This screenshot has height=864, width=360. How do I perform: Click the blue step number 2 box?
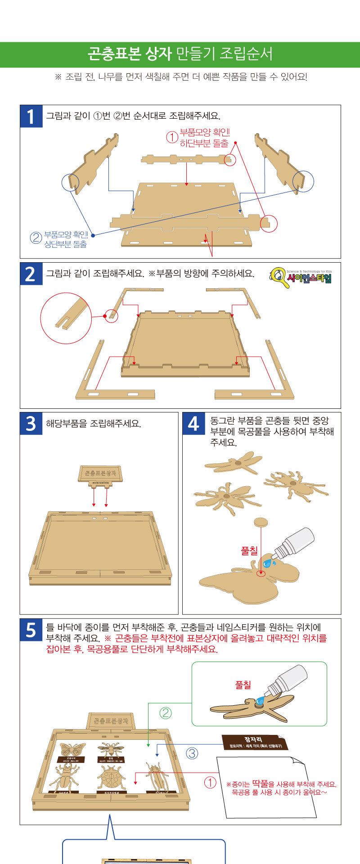pyautogui.click(x=30, y=273)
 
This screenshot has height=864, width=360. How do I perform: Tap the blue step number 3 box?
pyautogui.click(x=30, y=423)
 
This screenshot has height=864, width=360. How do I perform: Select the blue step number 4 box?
pyautogui.click(x=193, y=423)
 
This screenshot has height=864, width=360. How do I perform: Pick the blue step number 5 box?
pyautogui.click(x=30, y=630)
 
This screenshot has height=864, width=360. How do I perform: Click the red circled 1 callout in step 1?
pyautogui.click(x=172, y=137)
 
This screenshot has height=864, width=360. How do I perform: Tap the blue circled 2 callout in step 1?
pyautogui.click(x=36, y=238)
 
